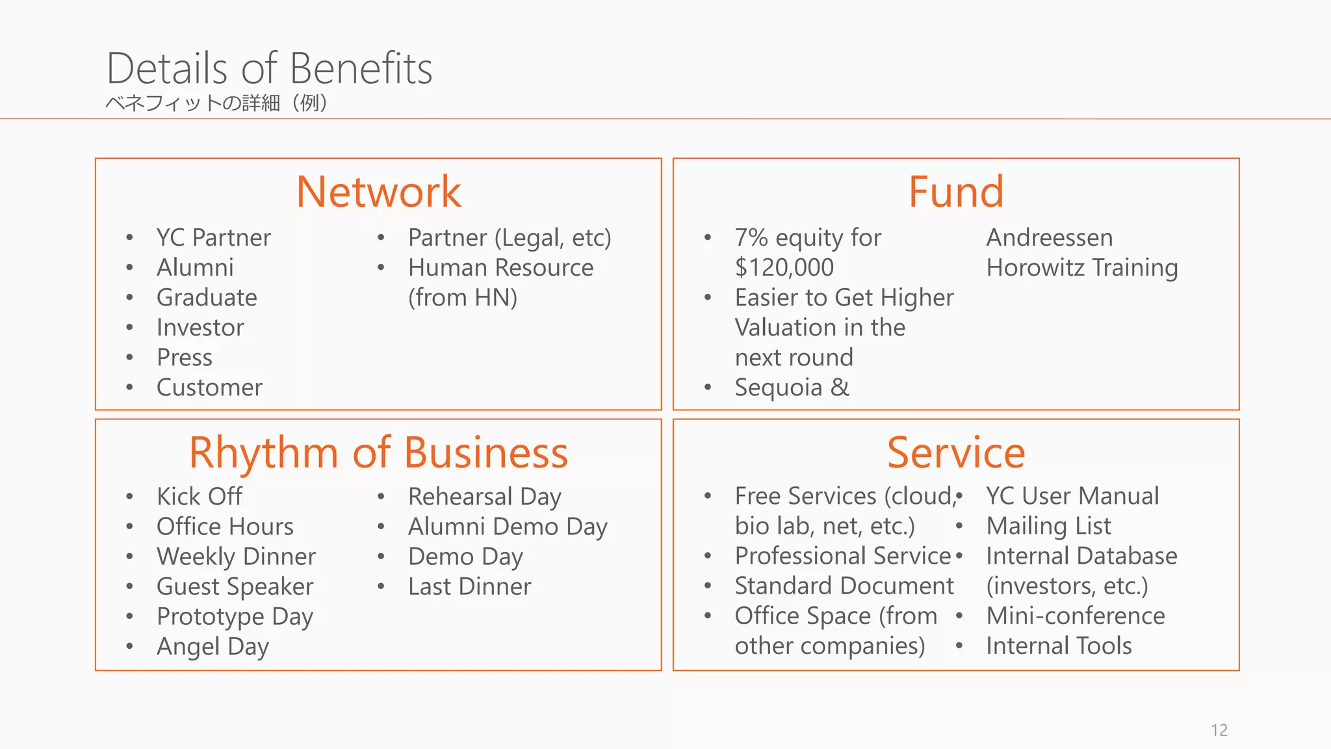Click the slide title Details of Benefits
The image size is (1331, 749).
(269, 68)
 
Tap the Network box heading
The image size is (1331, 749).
(378, 192)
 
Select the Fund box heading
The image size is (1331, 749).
(955, 192)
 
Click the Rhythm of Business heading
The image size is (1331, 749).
(378, 453)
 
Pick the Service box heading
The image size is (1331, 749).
(955, 453)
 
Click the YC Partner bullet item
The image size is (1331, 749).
(213, 238)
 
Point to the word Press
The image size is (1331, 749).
(185, 358)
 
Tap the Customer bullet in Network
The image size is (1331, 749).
(209, 388)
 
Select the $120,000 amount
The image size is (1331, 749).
(784, 268)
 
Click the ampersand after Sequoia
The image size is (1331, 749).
(840, 388)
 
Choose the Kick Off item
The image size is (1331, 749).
(199, 497)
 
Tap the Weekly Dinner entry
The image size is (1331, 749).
(236, 557)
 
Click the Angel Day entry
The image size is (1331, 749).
(213, 646)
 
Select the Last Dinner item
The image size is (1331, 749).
(469, 586)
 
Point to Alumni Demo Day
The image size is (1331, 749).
(508, 527)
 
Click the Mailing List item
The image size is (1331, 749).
(1048, 526)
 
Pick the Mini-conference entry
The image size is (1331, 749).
(1076, 616)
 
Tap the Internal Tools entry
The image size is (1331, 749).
(1059, 646)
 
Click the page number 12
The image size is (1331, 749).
(1219, 730)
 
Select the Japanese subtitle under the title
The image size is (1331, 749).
(216, 103)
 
